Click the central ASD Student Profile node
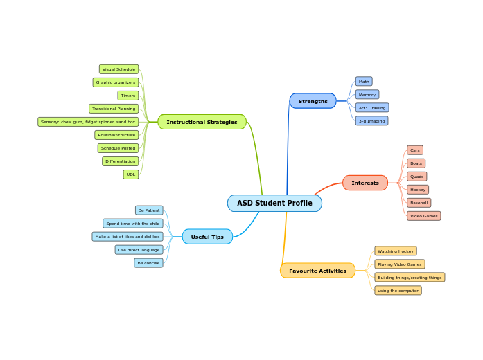pos(274,203)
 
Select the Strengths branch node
pos(313,101)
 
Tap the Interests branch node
pos(365,183)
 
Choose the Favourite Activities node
pos(317,271)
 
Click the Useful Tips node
pos(207,237)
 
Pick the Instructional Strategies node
pos(202,122)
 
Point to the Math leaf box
pos(364,82)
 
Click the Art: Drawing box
pos(372,108)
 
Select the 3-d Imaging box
pos(371,121)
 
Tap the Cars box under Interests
pos(415,150)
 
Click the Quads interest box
pos(416,177)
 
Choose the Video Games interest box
pos(423,216)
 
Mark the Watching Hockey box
pos(396,251)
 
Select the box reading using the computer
pos(398,291)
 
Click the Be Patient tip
pos(149,210)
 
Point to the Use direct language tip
pos(139,250)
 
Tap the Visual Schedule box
pos(118,69)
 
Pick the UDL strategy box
pos(131,174)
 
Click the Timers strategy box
pos(128,96)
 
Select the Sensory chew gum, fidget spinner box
pos(88,122)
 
